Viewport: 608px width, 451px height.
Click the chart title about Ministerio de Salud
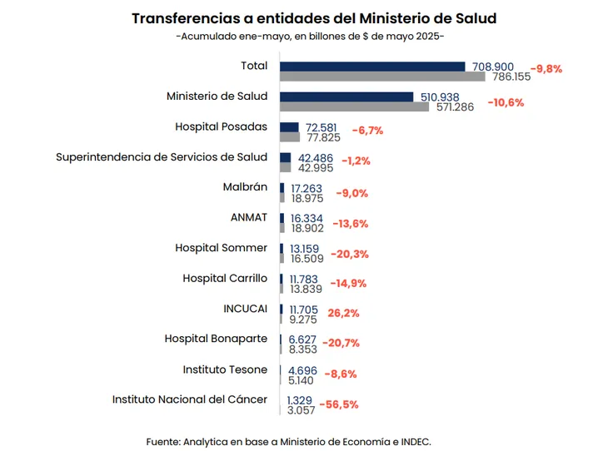(314, 18)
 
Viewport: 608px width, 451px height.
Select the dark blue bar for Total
(372, 67)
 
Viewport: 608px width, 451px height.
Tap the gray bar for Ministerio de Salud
(354, 107)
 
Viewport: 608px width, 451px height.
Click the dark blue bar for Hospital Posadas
(289, 127)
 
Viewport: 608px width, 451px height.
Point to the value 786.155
(511, 77)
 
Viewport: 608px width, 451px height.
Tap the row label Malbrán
(245, 187)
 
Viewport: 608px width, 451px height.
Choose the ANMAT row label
(248, 217)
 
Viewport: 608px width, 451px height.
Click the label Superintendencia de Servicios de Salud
(162, 156)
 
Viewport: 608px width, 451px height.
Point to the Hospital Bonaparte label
(216, 339)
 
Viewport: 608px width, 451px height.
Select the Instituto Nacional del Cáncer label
(190, 399)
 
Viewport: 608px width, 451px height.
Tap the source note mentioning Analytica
(288, 440)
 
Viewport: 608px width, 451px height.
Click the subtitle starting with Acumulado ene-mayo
(310, 37)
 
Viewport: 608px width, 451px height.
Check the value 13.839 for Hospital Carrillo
(306, 288)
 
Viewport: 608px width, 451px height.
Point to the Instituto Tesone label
(225, 369)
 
